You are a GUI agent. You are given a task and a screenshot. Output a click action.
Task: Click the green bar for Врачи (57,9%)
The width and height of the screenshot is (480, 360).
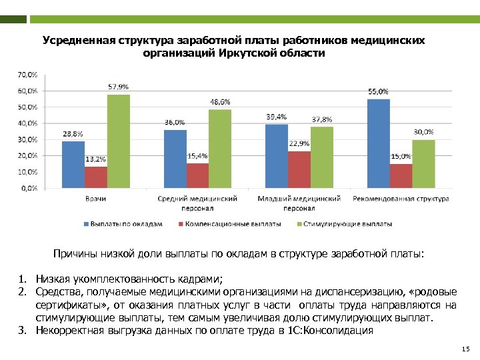coord(119,141)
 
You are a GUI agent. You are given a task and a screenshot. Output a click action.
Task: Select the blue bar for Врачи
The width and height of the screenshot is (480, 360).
coord(73,165)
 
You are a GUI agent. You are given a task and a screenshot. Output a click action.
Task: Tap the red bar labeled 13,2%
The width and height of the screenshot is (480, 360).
coord(96,177)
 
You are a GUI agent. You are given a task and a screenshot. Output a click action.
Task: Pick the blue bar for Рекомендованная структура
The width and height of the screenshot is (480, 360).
coord(378,143)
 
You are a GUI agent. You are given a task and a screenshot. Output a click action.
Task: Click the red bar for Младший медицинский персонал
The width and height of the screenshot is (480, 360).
coord(299,169)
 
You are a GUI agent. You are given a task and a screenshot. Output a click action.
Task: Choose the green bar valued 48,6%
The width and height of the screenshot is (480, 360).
coord(220,149)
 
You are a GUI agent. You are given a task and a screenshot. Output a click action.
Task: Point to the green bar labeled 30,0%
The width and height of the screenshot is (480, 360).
coord(423,163)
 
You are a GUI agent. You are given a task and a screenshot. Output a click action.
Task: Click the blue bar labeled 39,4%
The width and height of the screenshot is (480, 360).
coord(277,156)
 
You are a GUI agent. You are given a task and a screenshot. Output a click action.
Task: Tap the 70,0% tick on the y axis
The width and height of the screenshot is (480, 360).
coord(27,74)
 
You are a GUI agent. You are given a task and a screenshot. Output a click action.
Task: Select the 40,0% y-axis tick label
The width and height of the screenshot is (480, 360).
coord(27,123)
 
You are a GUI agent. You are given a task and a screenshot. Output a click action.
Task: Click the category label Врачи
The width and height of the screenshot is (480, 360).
coord(95,199)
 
